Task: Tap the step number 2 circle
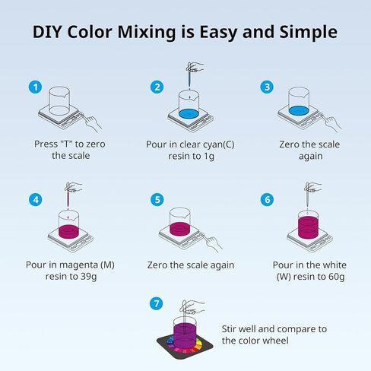coord(157,87)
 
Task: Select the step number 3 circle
coord(267,87)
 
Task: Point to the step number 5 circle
coord(157,200)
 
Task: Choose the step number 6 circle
coord(267,200)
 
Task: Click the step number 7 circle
coord(157,304)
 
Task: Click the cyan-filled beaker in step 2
coord(189,106)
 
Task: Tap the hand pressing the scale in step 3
coord(327,119)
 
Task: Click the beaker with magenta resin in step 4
coord(69,223)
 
